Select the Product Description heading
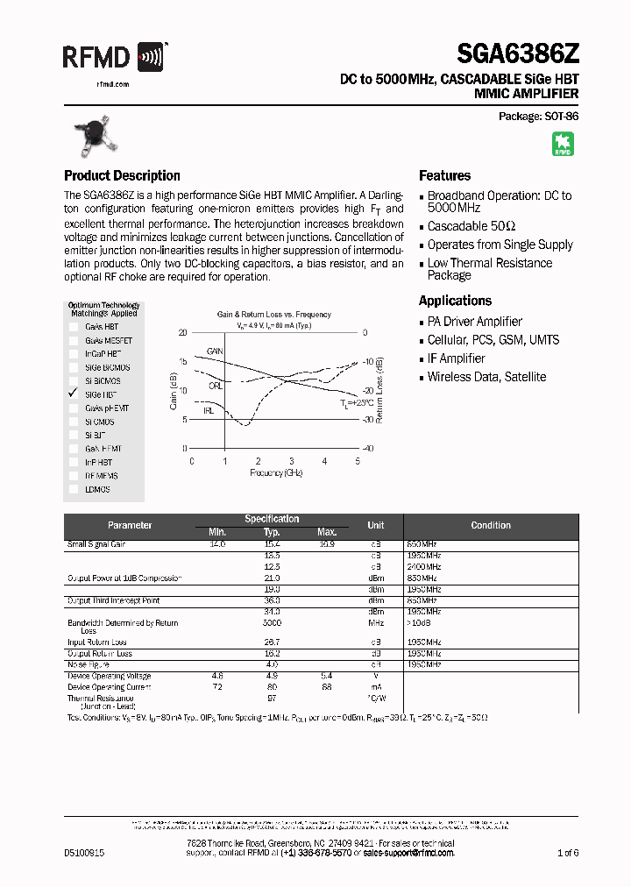[x=122, y=175]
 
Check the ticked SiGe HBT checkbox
[x=74, y=394]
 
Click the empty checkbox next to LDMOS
[x=74, y=489]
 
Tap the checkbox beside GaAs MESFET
[x=74, y=340]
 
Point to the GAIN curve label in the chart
[x=215, y=351]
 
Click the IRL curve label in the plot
[x=209, y=409]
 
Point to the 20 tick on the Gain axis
[x=182, y=333]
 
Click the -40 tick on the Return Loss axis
[x=368, y=448]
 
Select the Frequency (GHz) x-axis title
[x=274, y=472]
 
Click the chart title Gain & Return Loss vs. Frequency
[x=273, y=314]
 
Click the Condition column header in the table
[x=490, y=525]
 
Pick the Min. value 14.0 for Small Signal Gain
[x=216, y=544]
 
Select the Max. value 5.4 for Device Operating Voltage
[x=327, y=676]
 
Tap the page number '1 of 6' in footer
[x=567, y=852]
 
